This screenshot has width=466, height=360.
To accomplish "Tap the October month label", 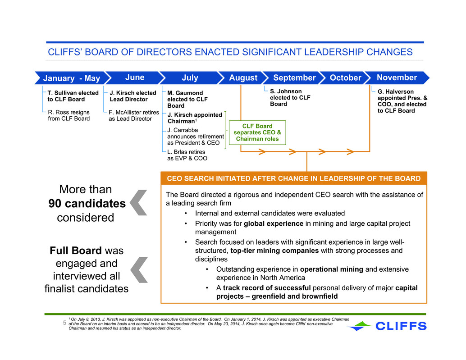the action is coord(345,78).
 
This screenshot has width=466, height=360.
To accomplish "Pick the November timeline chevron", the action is coord(397,78).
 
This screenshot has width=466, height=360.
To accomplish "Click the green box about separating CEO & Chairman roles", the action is coord(257,132).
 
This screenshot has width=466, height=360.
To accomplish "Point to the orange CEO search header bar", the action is coord(294,178).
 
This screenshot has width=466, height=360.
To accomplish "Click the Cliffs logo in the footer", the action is coord(387,326).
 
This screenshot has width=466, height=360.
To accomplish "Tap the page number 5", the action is coord(64,323).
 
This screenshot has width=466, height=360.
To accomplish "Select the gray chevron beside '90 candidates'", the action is coord(139,203).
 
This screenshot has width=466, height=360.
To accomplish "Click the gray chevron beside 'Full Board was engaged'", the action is coord(139,270).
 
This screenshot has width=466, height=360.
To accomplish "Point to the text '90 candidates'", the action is coord(87,204).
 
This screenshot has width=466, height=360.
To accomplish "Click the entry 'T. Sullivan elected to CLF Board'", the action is coord(73,96).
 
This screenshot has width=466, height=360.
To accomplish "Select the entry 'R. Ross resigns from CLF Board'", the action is coord(69,115).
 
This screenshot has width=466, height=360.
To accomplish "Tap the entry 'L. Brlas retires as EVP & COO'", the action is coord(187,155).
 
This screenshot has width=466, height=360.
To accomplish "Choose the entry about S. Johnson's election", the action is coord(290,97).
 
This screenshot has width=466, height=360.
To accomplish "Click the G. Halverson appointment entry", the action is coord(402,101).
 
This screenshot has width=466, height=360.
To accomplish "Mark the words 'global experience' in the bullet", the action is coord(274,223).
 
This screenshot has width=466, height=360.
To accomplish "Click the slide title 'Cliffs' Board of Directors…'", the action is coord(230,52).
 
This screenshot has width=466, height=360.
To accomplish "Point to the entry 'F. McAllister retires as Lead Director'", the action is coord(134,115).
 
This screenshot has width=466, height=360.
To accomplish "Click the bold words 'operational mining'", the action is coord(332,269).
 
